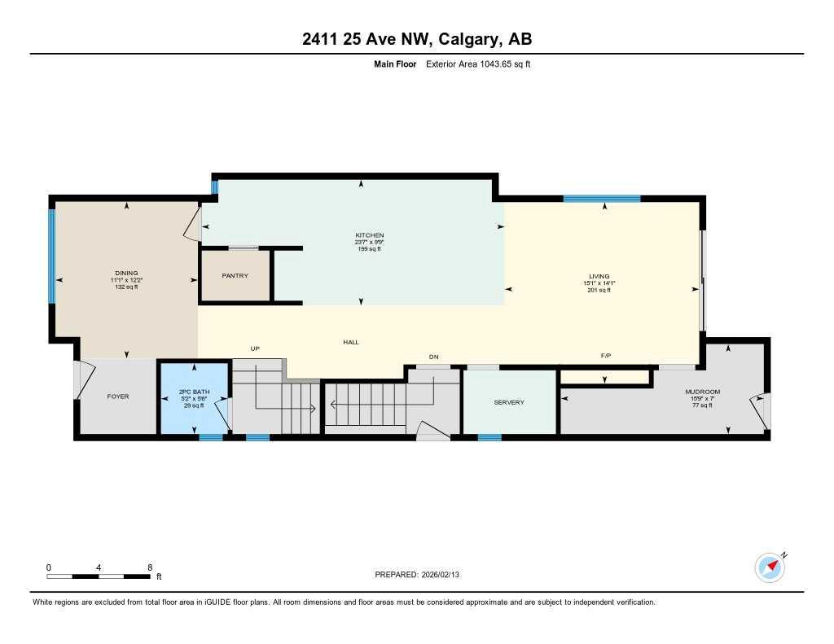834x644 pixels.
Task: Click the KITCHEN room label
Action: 369,235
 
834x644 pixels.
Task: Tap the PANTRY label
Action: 235,276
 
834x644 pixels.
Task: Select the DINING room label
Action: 126,273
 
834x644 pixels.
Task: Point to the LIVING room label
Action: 599,276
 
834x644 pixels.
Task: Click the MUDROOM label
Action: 702,392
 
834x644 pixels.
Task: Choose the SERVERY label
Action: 509,402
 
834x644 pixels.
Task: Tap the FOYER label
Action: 118,396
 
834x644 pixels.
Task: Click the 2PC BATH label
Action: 195,392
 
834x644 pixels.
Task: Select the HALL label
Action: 351,342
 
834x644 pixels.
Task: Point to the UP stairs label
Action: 254,348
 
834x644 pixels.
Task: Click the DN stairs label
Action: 434,357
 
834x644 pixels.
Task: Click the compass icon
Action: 770,566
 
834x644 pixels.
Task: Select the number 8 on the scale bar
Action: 150,567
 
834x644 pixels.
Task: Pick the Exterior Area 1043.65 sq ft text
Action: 478,64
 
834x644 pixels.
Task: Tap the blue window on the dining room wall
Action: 52,256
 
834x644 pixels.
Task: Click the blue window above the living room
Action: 602,198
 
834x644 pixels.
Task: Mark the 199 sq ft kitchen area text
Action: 369,249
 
